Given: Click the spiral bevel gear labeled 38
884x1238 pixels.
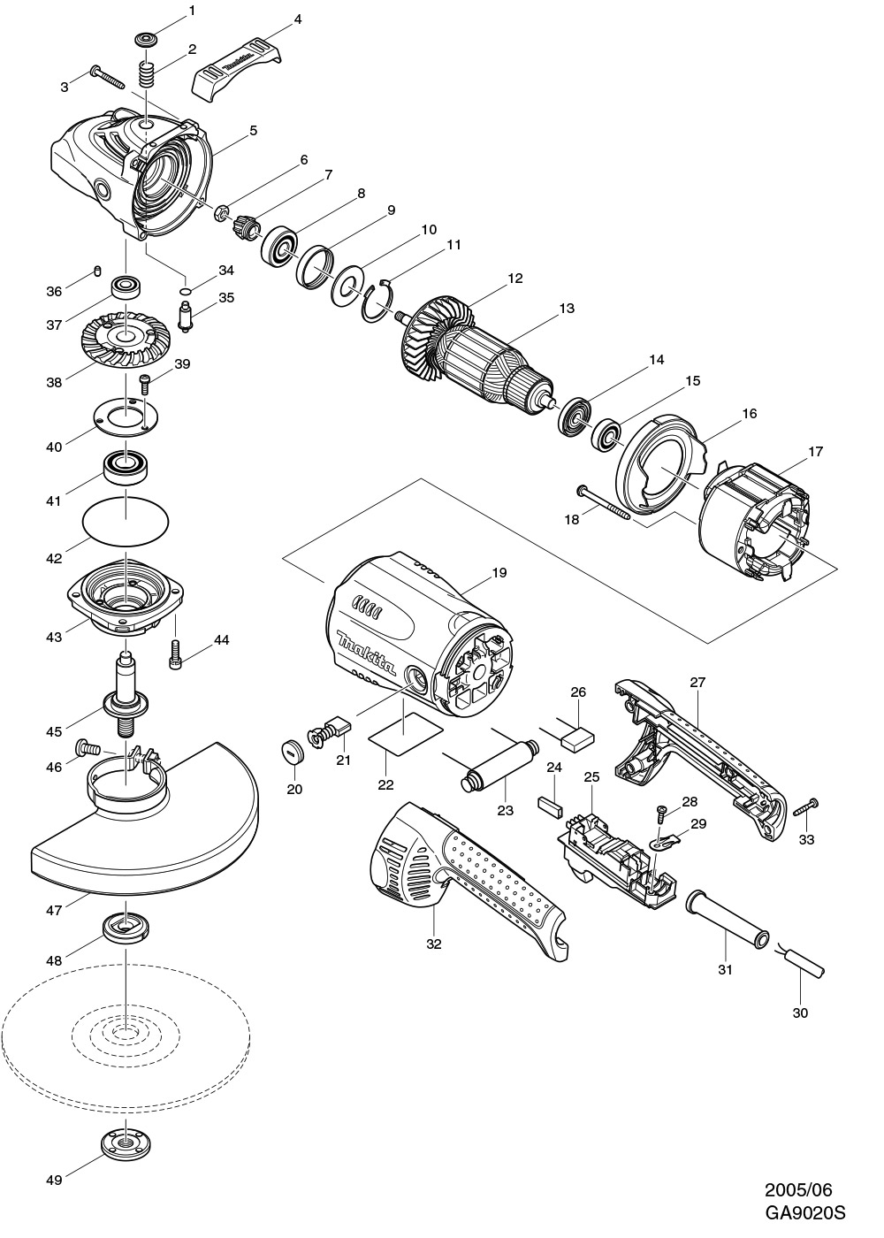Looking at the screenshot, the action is (x=126, y=341).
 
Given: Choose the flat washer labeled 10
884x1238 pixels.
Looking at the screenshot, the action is (x=347, y=286).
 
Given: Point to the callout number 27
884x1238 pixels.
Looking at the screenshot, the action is (x=697, y=682).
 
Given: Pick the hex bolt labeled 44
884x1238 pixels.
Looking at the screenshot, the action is (x=176, y=655).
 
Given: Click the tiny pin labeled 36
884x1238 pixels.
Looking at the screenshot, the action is (x=97, y=270).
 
